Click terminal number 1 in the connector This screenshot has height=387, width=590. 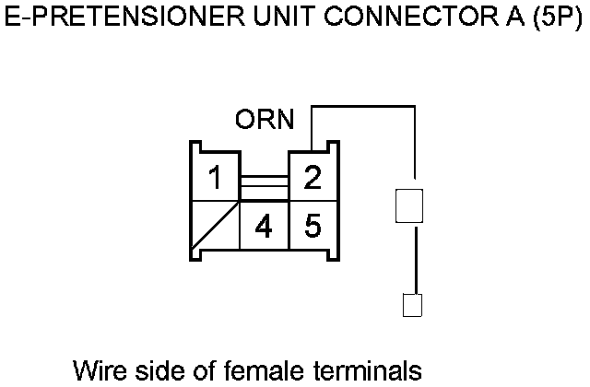point(215,177)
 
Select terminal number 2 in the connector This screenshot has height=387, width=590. point(313,176)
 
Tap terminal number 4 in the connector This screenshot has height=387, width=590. point(264,226)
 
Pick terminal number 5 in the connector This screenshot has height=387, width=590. point(313,225)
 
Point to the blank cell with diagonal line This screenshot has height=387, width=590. point(214,226)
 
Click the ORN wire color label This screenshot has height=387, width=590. point(265,121)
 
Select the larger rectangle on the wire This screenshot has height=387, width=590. point(408,205)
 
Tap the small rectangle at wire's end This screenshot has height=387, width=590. point(412,305)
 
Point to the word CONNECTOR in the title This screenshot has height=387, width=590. point(388,20)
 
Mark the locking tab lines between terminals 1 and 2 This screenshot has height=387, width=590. point(264,187)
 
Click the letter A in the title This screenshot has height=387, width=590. point(503,20)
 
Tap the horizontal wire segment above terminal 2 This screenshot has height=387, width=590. point(364,107)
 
